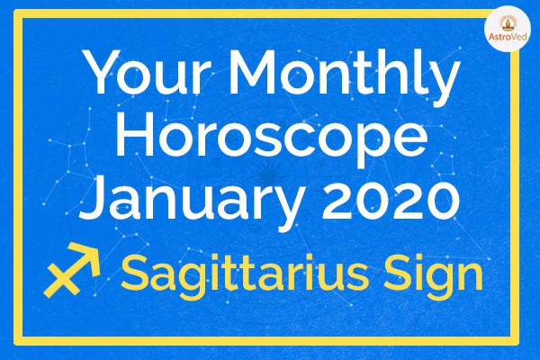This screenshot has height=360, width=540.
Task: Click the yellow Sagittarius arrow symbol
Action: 72,270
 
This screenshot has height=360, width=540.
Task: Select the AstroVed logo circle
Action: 508,31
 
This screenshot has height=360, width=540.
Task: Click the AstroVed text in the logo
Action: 508,36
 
